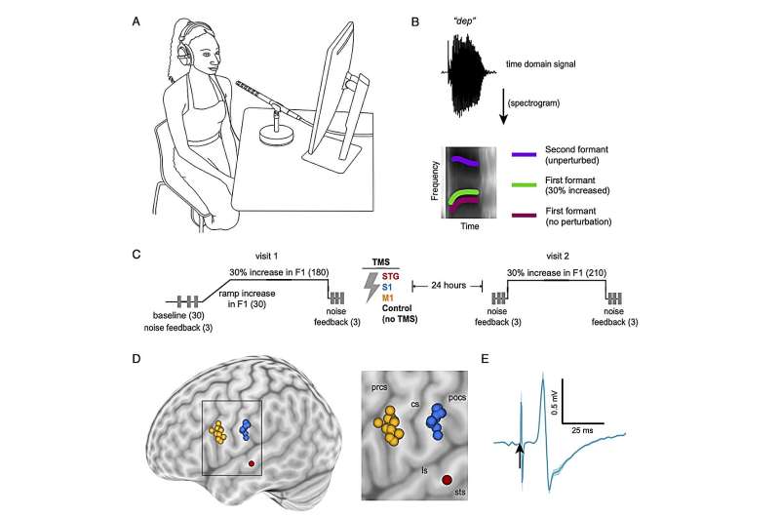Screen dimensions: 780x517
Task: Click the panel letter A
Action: (136, 21)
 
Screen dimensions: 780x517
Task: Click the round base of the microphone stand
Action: (276, 135)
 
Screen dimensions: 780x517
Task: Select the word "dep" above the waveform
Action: (463, 21)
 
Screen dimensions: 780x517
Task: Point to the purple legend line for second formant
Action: (525, 155)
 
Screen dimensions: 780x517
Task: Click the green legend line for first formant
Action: (525, 185)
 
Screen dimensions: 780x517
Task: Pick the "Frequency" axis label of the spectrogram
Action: (435, 180)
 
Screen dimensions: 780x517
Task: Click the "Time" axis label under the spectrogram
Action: (470, 226)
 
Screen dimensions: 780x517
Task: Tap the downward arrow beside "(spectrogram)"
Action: (503, 107)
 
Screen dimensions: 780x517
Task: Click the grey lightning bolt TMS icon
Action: (371, 287)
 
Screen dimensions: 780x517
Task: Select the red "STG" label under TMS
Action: (391, 276)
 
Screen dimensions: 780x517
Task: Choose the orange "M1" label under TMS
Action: (387, 298)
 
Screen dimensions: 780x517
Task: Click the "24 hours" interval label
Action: (448, 285)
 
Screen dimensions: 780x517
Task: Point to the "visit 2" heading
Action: (557, 256)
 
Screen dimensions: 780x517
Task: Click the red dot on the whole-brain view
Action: (252, 463)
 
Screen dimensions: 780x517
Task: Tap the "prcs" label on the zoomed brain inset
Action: (379, 386)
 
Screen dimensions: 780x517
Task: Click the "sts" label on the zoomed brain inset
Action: (460, 492)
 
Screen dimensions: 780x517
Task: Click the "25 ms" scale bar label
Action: (582, 430)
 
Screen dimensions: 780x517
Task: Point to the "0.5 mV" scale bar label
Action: (555, 403)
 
